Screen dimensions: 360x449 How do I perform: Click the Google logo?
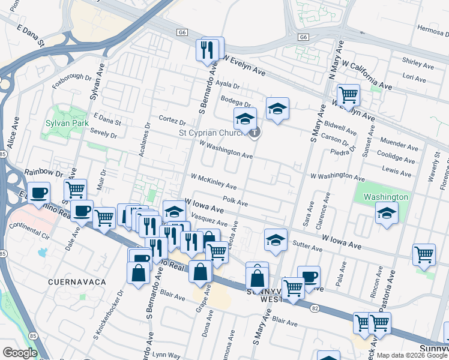pyautogui.click(x=20, y=353)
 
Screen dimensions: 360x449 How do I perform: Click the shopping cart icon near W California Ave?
pyautogui.click(x=348, y=94)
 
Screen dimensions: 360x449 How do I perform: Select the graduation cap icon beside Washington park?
pyautogui.click(x=387, y=213)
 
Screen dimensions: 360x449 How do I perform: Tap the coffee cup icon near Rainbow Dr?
pyautogui.click(x=39, y=193)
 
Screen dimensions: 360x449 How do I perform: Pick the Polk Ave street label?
pyautogui.click(x=235, y=202)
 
